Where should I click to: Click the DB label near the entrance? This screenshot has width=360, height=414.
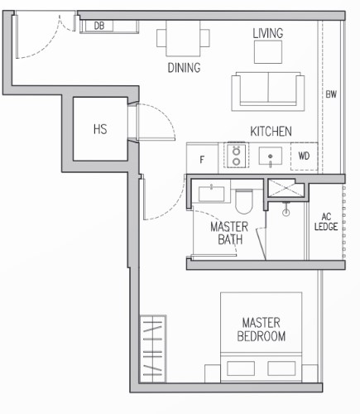(99, 26)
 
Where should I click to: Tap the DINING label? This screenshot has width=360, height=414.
(184, 68)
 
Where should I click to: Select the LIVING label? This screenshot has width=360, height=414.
(268, 33)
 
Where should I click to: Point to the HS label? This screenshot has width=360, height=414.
(100, 129)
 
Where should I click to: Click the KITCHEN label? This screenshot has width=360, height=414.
(271, 132)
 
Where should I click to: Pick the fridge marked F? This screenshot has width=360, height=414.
(203, 158)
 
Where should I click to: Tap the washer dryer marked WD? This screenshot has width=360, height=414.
(304, 156)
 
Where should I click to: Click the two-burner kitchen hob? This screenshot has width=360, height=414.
(237, 156)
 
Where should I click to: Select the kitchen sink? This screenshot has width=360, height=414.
(271, 156)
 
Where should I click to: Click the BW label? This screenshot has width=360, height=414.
(331, 94)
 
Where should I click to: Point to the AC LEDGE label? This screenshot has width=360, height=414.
(326, 222)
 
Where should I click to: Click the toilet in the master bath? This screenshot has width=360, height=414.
(244, 200)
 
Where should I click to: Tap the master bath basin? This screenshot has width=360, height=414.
(211, 193)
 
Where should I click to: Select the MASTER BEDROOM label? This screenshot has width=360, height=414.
(262, 330)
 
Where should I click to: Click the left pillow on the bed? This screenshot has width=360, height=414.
(241, 368)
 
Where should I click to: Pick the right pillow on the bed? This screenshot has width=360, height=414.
(281, 368)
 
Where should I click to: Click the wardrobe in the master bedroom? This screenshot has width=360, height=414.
(153, 349)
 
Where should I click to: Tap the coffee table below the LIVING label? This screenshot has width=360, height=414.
(268, 52)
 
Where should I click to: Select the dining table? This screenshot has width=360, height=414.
(183, 38)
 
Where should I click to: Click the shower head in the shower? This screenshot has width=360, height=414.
(286, 209)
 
